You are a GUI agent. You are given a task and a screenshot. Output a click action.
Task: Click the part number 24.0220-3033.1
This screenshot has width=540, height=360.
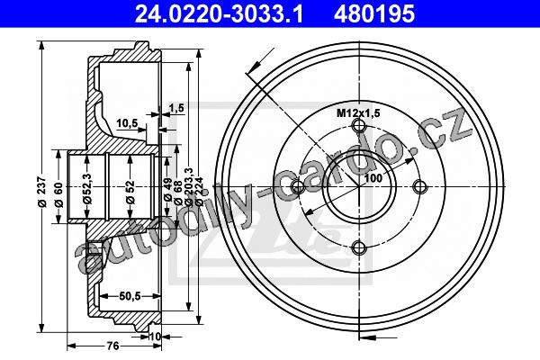[x=219, y=13]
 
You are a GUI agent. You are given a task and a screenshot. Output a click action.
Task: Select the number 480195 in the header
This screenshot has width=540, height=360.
[x=374, y=13]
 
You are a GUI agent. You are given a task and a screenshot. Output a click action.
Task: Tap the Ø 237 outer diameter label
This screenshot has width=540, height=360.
[x=42, y=192]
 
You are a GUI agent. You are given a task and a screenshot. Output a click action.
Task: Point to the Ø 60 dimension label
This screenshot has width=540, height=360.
[x=58, y=194]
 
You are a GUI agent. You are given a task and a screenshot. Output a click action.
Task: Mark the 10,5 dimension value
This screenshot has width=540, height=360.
[x=127, y=122]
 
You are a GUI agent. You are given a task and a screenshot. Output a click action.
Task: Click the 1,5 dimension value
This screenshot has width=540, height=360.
[x=176, y=108]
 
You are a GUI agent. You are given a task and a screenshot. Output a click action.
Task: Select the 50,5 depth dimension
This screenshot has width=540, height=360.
[x=130, y=295]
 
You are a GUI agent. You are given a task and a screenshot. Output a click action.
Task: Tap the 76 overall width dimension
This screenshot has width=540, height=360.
[x=113, y=346]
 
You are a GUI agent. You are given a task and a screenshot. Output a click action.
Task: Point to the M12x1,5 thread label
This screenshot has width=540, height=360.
[x=358, y=112]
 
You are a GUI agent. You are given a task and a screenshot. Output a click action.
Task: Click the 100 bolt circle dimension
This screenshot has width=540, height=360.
[x=373, y=178]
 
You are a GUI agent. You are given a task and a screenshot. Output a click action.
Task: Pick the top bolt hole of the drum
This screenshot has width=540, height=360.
[x=358, y=126]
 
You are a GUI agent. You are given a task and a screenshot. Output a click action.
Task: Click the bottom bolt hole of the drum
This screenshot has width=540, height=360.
[x=358, y=247]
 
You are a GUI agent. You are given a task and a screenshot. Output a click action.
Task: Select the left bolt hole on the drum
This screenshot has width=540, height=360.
[x=298, y=187]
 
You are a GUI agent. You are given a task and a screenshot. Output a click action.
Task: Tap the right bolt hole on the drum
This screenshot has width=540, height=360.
[x=419, y=187]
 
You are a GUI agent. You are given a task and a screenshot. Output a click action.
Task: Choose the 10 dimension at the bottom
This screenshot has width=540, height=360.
[x=156, y=337]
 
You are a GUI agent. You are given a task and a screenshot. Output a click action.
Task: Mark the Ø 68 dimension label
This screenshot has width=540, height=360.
[x=177, y=193]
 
